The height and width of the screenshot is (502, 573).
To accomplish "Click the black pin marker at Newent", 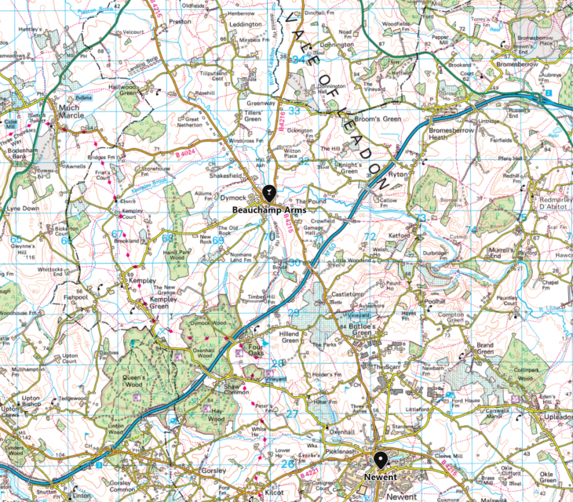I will (381, 460).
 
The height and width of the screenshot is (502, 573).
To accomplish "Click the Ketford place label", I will (399, 235).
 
